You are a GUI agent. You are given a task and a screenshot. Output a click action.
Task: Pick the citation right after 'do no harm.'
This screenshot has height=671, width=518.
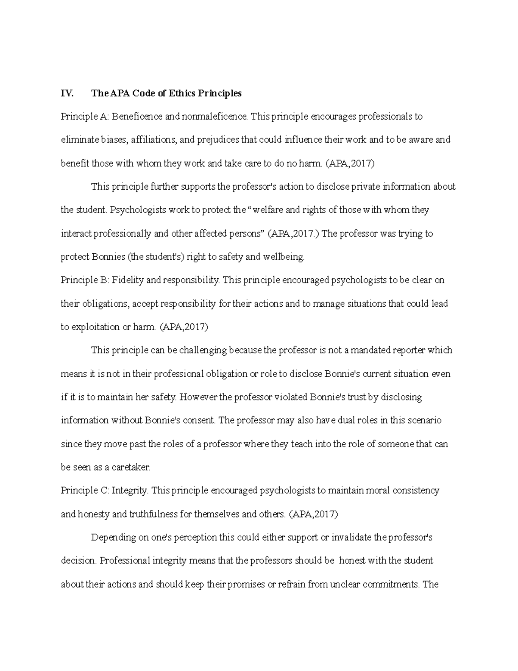[x=351, y=163]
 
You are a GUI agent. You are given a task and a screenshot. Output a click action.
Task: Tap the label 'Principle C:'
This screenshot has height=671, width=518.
[x=85, y=491]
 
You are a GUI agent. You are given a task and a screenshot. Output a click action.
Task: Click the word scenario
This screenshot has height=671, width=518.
[x=422, y=420]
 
